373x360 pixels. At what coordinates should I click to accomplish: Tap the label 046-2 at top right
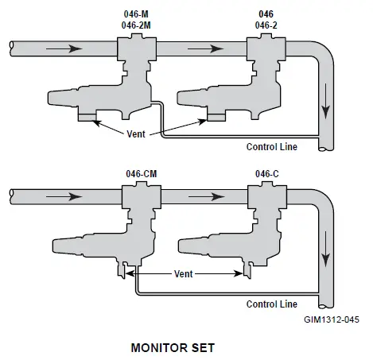[266, 25]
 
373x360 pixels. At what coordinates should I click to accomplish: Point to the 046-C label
[266, 173]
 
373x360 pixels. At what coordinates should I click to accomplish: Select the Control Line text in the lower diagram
[272, 304]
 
